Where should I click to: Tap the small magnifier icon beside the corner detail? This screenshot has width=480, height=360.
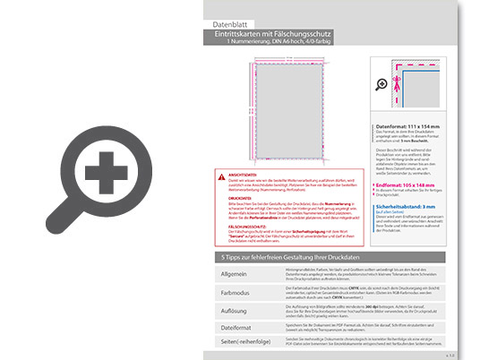click(383, 84)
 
